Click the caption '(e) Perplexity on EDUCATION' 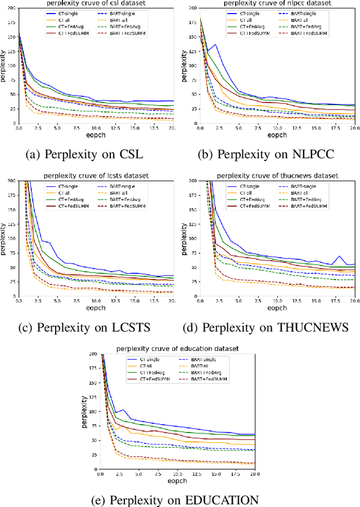[x=179, y=500]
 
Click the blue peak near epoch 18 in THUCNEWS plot [x=339, y=257]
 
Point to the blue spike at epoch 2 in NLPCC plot [x=215, y=44]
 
